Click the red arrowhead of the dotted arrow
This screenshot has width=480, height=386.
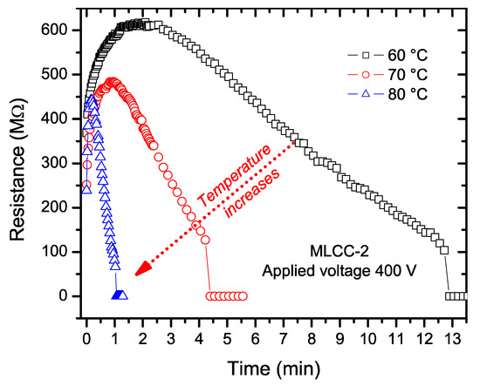pos(141,267)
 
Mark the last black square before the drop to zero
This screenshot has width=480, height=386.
pos(444,250)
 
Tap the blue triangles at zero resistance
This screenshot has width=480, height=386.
pos(120,295)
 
